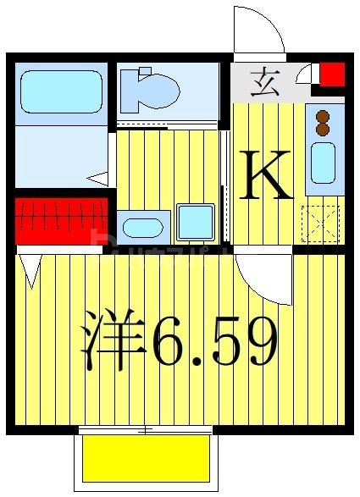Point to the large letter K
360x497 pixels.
tap(266, 174)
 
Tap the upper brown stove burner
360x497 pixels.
tap(323, 118)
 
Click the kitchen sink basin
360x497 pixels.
tap(323, 162)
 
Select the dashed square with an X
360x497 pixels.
tap(320, 223)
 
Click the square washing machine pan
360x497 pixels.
tap(196, 223)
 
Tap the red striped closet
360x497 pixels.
tap(61, 221)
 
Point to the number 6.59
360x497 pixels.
tap(214, 339)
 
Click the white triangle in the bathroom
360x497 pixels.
tap(100, 179)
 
